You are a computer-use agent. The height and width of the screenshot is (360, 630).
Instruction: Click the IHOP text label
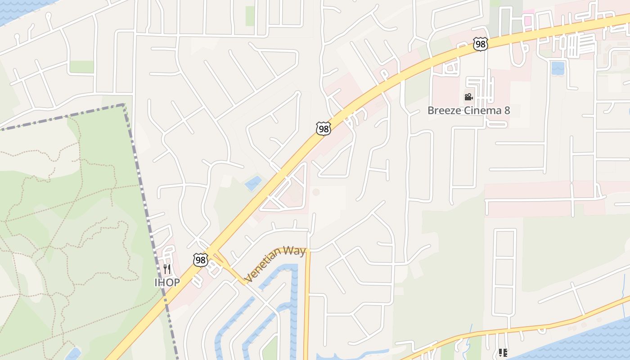tap(167, 283)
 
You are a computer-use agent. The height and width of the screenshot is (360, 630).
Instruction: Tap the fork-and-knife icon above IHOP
tap(167, 269)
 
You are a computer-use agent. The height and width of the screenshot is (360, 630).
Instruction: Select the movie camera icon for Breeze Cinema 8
tap(468, 97)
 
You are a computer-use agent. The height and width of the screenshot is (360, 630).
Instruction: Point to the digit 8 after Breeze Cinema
tap(507, 110)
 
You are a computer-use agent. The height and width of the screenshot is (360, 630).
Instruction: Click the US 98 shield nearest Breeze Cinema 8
tap(481, 44)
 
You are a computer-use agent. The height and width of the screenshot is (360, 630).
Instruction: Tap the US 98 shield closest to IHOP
tap(201, 260)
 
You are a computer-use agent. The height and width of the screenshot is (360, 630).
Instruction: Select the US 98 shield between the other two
tap(323, 129)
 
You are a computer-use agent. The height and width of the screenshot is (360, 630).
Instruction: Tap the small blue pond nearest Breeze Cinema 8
tap(558, 68)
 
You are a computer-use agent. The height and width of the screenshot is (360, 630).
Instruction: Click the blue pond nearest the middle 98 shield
tap(253, 184)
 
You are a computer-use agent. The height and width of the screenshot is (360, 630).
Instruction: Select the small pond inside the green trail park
tap(73, 354)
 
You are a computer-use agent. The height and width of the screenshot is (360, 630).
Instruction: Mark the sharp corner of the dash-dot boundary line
tap(124, 105)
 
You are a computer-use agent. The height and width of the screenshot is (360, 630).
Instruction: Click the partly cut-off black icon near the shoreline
tap(503, 353)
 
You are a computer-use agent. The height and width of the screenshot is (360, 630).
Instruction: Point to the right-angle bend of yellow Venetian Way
tap(307, 251)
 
